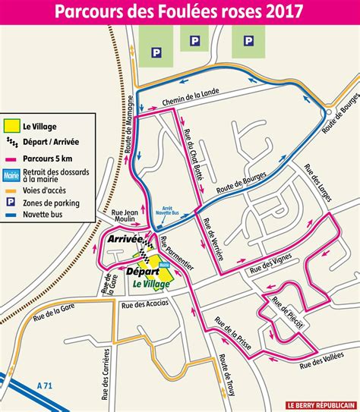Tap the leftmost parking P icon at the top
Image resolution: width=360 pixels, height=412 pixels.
157,52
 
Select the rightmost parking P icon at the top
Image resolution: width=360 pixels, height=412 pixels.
248,40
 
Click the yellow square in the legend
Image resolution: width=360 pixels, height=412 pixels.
11,127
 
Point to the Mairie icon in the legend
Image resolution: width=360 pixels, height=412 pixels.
11,175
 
